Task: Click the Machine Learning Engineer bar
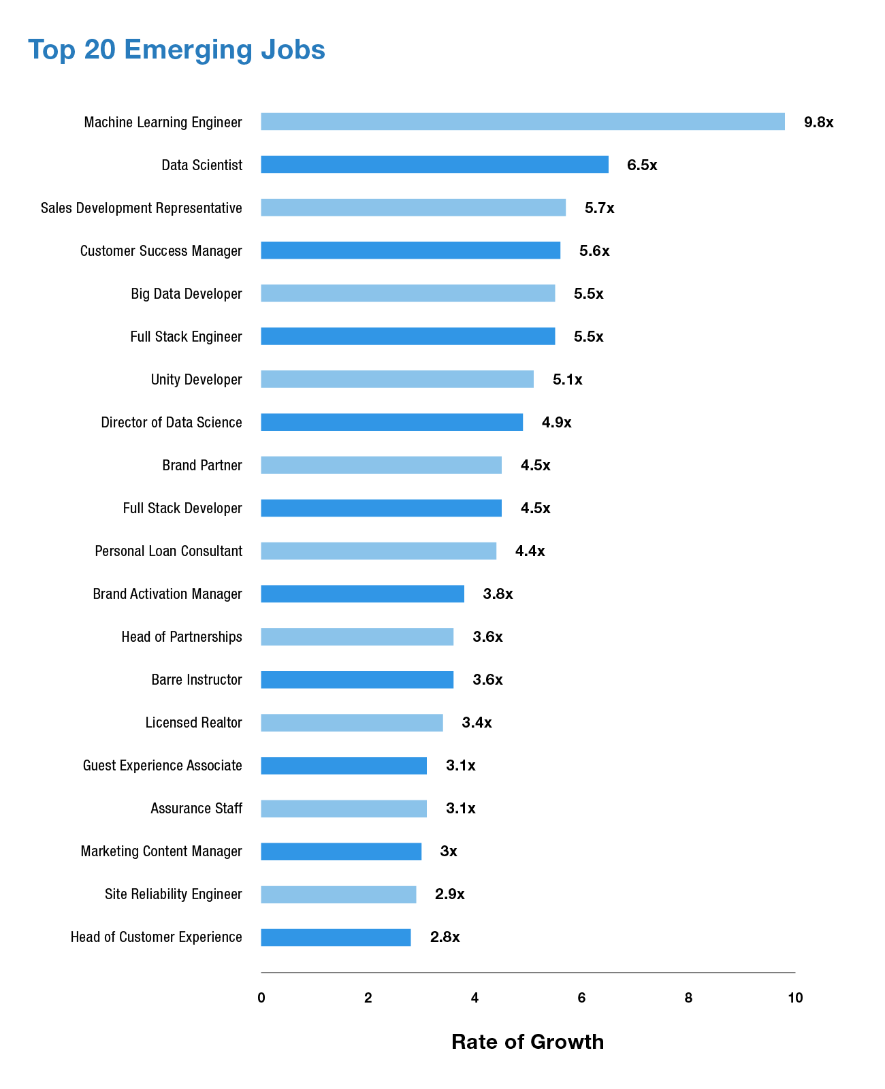523,122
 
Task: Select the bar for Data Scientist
434,165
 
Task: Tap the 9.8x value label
818,123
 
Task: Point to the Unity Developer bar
397,379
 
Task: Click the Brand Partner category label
202,466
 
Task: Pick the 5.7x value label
599,208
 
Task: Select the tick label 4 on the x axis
474,998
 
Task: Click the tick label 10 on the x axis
795,998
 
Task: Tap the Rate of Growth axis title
528,1042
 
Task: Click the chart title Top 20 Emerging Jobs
177,50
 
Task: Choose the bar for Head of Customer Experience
336,937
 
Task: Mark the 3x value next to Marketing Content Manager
449,851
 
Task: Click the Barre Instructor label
197,680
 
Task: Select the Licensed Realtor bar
352,723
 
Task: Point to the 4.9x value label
556,423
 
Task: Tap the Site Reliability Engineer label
174,894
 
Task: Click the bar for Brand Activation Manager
362,594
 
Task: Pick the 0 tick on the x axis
261,998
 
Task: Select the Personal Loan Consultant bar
379,551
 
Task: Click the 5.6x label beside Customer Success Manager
594,251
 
